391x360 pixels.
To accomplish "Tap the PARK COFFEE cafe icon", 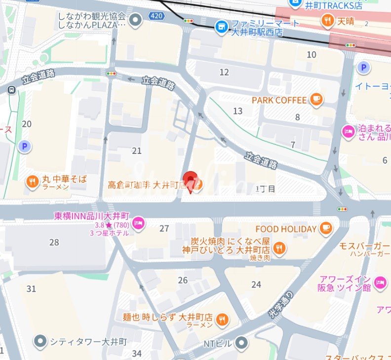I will point(316,100).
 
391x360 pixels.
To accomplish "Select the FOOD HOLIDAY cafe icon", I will point(325,228).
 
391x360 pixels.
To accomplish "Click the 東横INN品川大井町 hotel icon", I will point(138,223).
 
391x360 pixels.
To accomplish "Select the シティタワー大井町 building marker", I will point(40,341).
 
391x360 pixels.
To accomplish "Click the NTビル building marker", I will point(241,342).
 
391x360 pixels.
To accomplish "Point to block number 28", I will point(54,242).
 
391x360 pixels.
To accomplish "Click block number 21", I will point(137,151).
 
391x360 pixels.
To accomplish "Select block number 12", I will point(224,72).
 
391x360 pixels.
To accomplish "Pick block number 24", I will point(256,285).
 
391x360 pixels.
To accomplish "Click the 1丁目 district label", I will point(265,188).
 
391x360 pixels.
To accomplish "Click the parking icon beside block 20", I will point(23,146).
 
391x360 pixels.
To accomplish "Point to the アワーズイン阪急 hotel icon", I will point(380,283).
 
